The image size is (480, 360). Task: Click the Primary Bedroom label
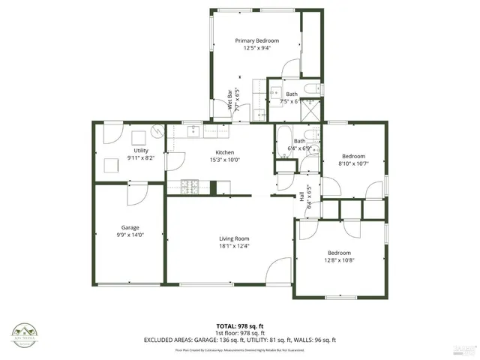[256, 40]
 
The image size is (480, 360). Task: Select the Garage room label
[131, 227]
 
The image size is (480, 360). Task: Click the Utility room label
[141, 151]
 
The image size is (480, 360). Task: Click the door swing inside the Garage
[136, 193]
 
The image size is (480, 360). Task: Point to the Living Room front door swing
[279, 269]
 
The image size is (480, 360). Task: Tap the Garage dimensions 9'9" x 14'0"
[131, 235]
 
